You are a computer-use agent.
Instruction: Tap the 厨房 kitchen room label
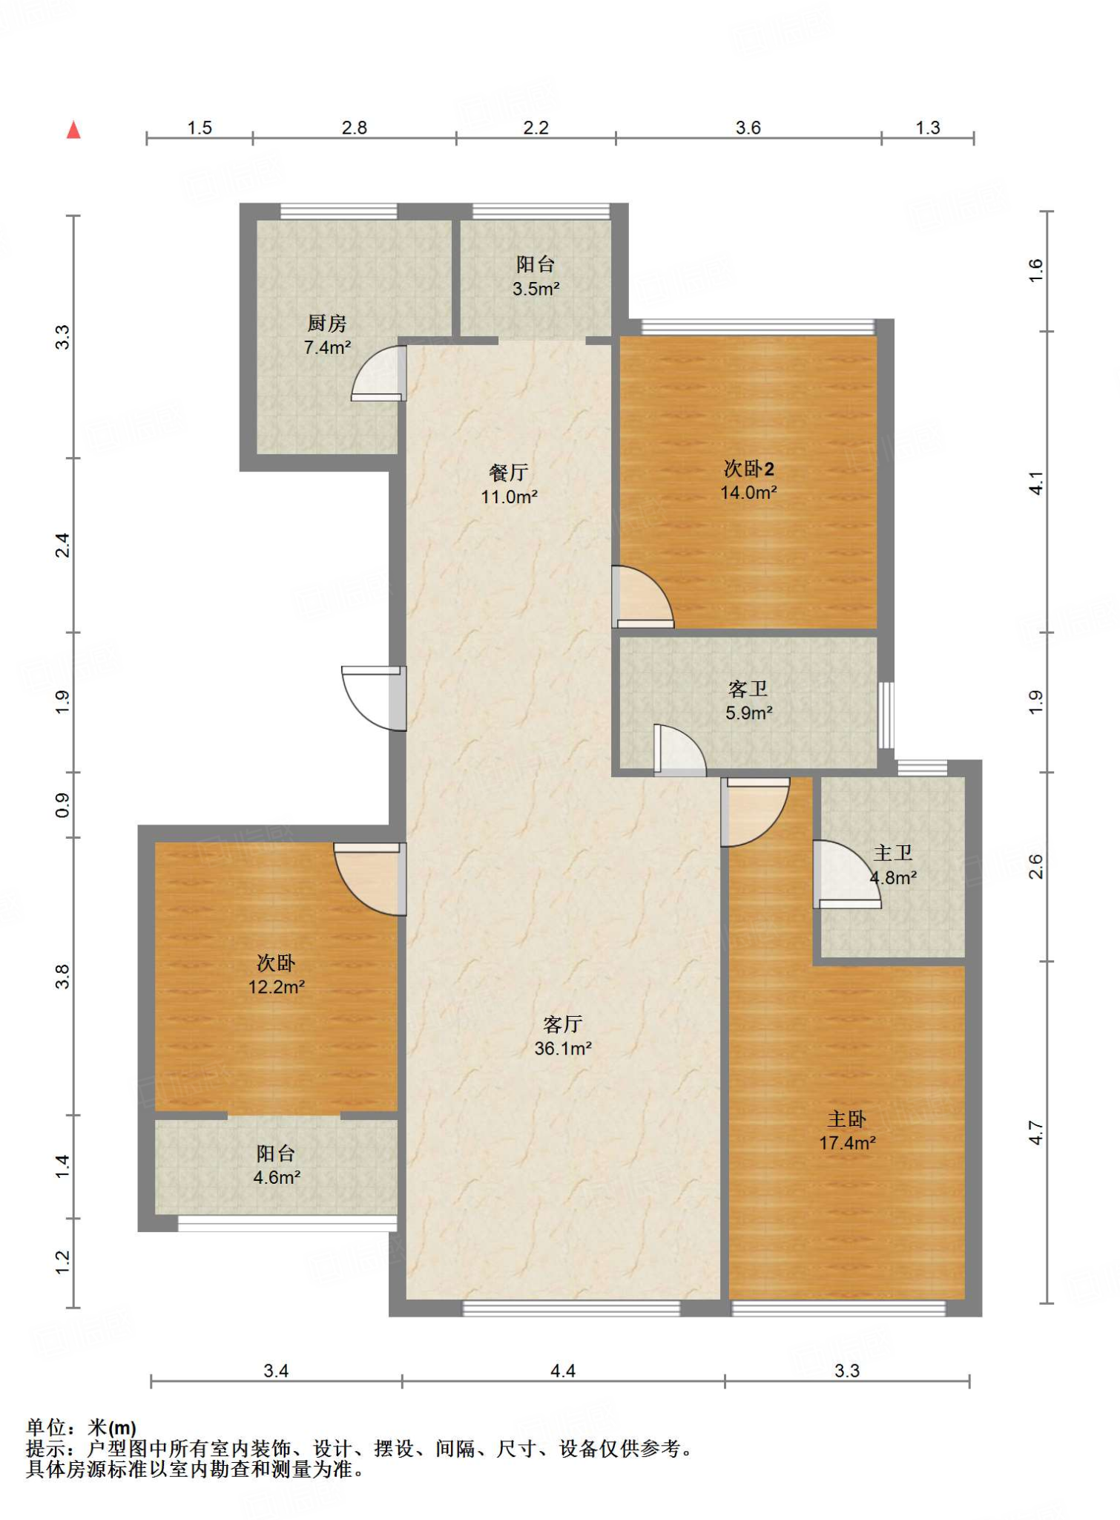pos(327,323)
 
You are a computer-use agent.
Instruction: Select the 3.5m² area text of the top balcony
pos(536,289)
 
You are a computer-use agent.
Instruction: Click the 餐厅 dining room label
pos(509,472)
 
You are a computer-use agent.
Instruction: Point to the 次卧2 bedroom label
pos(749,468)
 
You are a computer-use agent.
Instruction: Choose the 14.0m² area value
pos(748,492)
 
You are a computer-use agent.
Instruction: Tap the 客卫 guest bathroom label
pos(748,689)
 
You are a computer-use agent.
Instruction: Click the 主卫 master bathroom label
pos(892,853)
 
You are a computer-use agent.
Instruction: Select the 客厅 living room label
pos(563,1024)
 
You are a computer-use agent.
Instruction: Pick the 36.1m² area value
pos(563,1048)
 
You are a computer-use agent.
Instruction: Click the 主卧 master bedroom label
pos(847,1118)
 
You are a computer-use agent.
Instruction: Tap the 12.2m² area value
pos(277,986)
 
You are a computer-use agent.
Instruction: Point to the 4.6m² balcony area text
pos(277,1177)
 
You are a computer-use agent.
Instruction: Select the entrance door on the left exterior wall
pos(375,698)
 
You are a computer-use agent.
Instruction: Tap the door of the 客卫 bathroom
pos(679,750)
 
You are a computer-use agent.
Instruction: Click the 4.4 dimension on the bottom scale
pos(563,1370)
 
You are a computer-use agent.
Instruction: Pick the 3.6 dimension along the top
pos(748,128)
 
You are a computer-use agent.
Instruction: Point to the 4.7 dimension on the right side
pos(1035,1133)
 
